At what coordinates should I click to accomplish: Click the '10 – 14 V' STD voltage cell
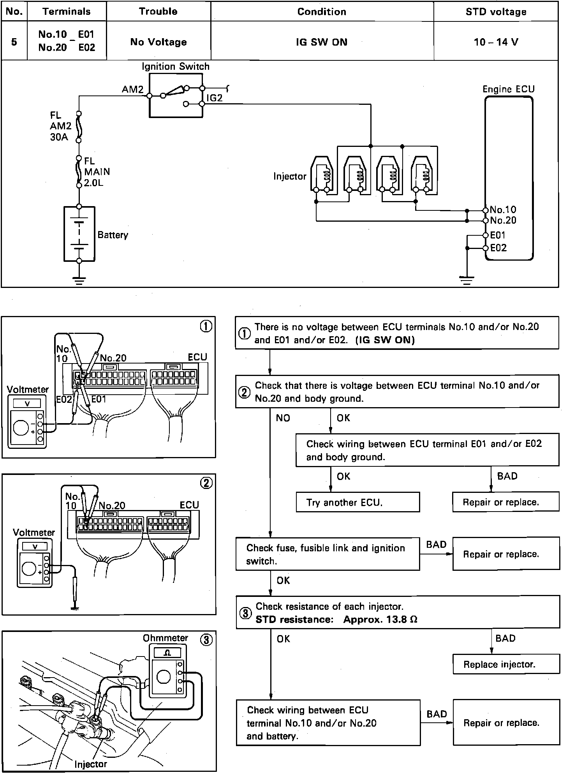click(x=496, y=42)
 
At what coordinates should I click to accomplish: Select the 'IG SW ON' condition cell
click(x=322, y=42)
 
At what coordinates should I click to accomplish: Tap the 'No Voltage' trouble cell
click(x=158, y=42)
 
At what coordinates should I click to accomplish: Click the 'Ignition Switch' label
click(x=175, y=67)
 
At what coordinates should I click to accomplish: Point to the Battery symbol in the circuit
click(x=79, y=234)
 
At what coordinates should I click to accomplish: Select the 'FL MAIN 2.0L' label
click(x=97, y=172)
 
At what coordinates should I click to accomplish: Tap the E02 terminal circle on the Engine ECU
click(x=486, y=248)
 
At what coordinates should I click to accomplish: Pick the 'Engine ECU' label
click(x=508, y=89)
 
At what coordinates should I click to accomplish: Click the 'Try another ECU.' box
click(x=357, y=502)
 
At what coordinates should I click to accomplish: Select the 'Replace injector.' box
click(x=505, y=664)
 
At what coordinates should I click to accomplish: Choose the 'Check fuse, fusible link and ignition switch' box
click(x=328, y=554)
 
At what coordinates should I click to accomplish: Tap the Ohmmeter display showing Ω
click(x=167, y=653)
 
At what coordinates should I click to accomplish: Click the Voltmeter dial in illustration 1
click(x=21, y=427)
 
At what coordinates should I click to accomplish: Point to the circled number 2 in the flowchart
click(x=244, y=392)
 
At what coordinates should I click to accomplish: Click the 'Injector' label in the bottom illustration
click(x=90, y=764)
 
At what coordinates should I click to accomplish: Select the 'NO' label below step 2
click(x=283, y=418)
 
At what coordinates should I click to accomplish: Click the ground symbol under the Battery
click(x=79, y=281)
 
